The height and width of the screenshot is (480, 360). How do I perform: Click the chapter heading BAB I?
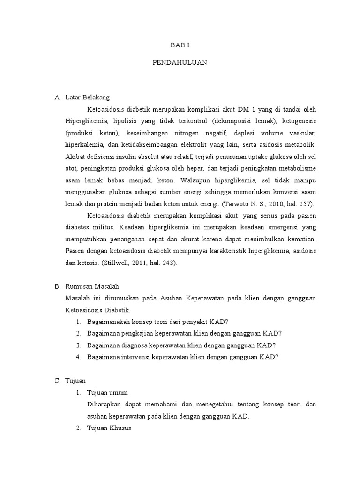coord(180,45)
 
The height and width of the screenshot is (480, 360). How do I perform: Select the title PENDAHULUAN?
coord(180,62)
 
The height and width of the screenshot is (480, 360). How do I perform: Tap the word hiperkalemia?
coord(83,144)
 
